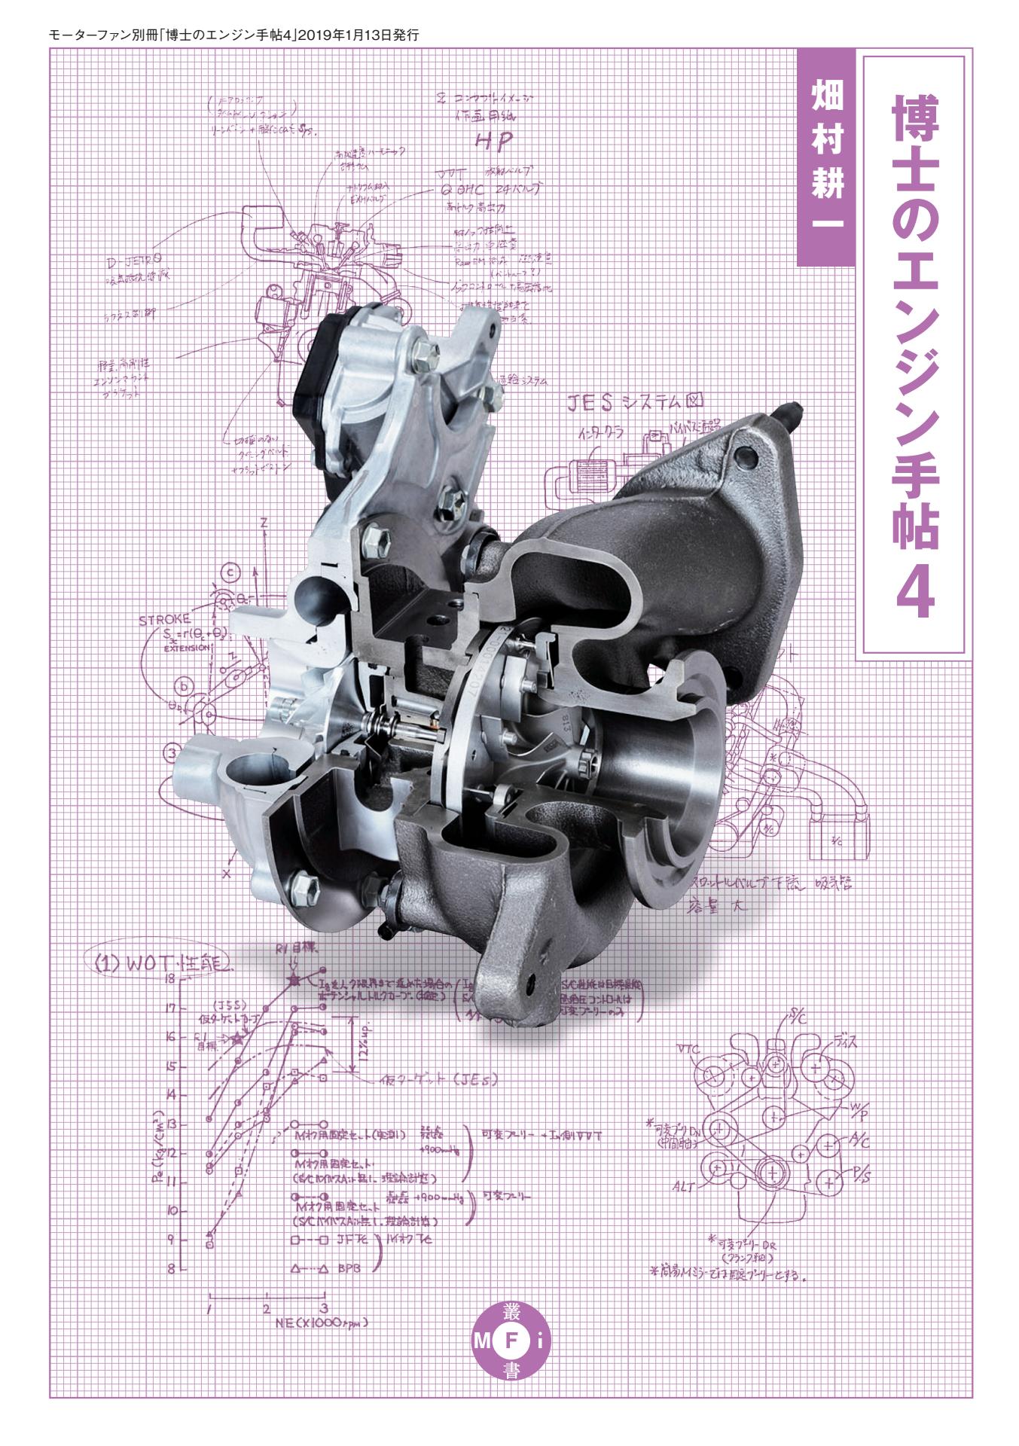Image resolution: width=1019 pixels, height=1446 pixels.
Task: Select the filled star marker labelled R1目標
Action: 294,980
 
